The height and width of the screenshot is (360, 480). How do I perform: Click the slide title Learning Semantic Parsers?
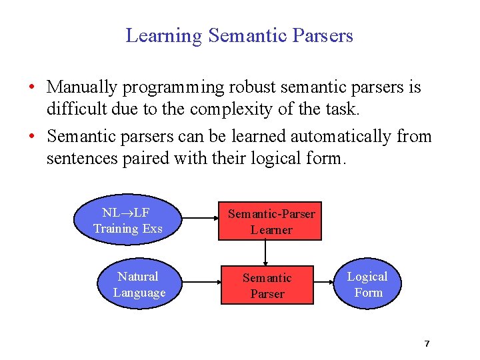[x=239, y=35]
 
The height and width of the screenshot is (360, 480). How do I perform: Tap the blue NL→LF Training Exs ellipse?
[x=127, y=221]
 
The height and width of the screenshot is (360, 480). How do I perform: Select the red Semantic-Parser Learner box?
[x=271, y=221]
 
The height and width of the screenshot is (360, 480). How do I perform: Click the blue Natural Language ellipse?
[x=139, y=285]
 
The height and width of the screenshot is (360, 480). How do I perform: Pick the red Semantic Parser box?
[x=267, y=285]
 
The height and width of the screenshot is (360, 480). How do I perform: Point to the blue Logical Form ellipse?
[x=368, y=285]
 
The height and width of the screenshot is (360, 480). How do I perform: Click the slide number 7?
[x=427, y=343]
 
